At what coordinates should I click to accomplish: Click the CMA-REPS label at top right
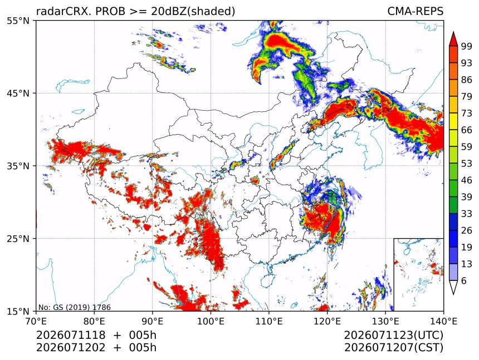[415, 11]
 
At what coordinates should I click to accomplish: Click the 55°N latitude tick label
[18, 21]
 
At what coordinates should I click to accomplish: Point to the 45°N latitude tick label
[18, 93]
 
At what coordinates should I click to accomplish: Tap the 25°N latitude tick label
[18, 239]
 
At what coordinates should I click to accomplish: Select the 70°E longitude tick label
[36, 321]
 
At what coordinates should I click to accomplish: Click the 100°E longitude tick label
[211, 321]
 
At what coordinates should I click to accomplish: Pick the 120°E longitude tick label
[327, 321]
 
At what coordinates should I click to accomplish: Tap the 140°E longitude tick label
[443, 321]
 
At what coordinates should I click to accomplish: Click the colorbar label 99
[467, 46]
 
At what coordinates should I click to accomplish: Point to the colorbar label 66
[467, 130]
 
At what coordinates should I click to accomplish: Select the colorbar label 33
[467, 214]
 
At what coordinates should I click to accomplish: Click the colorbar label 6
[464, 280]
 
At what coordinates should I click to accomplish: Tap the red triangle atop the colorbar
[453, 40]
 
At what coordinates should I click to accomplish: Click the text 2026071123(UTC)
[393, 336]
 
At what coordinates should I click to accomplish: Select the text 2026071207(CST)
[393, 348]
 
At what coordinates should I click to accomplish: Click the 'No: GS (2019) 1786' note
[74, 307]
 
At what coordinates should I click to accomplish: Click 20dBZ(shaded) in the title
[193, 12]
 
